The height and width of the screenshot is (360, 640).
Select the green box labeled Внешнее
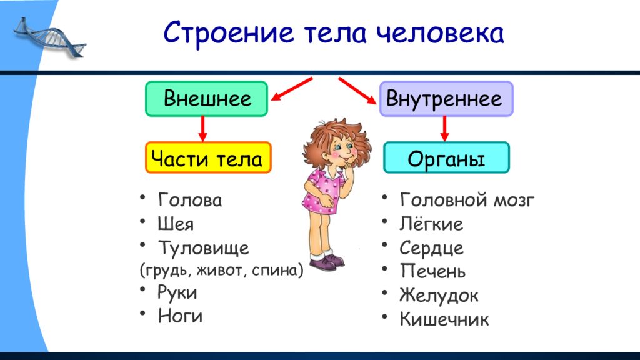click(x=206, y=99)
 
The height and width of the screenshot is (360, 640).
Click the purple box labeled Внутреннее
click(x=446, y=99)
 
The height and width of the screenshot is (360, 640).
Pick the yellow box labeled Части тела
click(x=208, y=157)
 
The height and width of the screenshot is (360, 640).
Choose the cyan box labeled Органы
click(x=446, y=157)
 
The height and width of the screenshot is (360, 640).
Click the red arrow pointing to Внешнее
click(x=292, y=89)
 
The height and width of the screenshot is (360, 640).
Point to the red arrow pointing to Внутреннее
click(x=357, y=90)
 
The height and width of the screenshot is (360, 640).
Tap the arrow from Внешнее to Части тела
click(x=202, y=129)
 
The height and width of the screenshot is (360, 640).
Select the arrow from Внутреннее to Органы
click(x=445, y=129)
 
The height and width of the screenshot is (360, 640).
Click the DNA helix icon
click(x=50, y=37)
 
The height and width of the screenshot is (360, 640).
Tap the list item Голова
click(x=190, y=200)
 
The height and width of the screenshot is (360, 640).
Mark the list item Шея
click(x=176, y=224)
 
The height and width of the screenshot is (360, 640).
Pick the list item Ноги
click(x=180, y=316)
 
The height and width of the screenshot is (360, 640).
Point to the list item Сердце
click(x=431, y=247)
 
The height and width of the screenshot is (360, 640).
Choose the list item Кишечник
click(x=444, y=319)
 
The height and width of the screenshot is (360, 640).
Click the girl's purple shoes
click(x=327, y=262)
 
